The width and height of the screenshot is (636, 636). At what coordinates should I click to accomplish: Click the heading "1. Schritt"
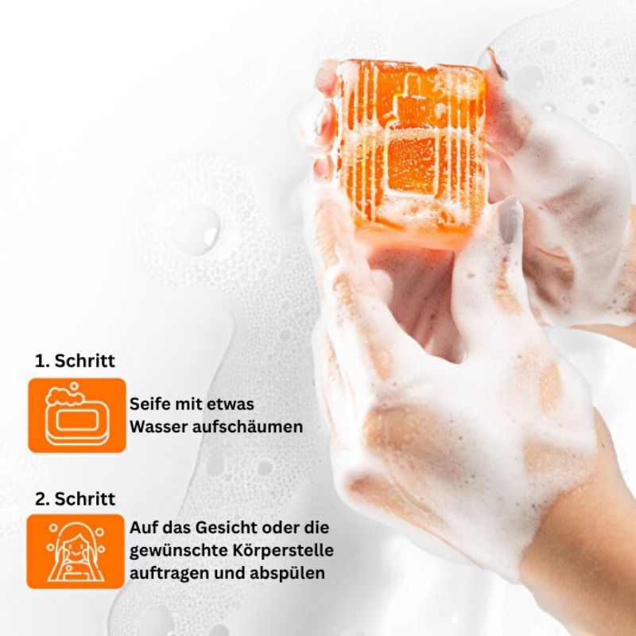(75, 361)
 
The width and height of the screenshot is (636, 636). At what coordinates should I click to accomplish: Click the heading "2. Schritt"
(75, 498)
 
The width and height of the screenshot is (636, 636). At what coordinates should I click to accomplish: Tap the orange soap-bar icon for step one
(77, 415)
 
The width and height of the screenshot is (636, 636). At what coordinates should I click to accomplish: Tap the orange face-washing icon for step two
(76, 552)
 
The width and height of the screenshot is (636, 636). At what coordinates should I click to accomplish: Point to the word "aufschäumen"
(247, 427)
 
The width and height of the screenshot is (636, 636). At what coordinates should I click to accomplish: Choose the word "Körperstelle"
(283, 551)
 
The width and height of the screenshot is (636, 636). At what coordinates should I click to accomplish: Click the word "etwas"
(231, 405)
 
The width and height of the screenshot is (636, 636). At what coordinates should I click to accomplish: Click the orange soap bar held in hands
(411, 150)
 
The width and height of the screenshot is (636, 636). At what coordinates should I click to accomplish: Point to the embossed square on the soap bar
(412, 164)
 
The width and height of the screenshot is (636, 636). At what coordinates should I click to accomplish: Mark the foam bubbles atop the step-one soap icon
(66, 395)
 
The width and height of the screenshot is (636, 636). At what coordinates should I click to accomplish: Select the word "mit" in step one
(188, 404)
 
